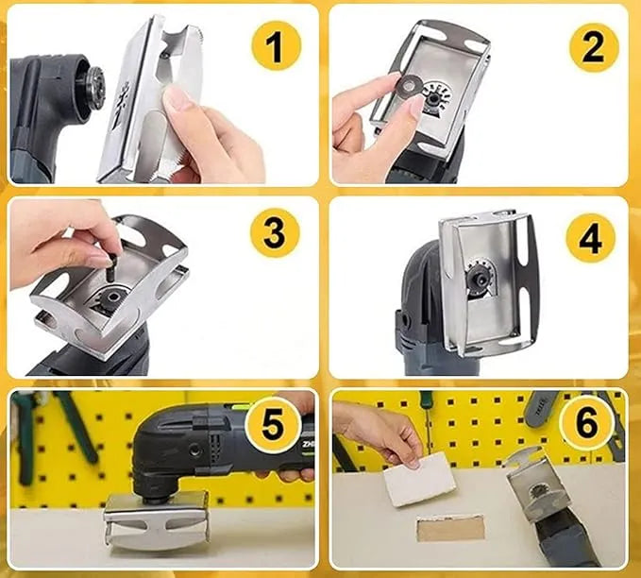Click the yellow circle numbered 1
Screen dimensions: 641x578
coord(276,46)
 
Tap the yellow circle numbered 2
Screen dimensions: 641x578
coord(593,47)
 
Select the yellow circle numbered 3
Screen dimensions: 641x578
coord(275,232)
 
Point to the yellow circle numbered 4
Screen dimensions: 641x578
coord(590,238)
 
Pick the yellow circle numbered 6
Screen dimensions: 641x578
coord(587,424)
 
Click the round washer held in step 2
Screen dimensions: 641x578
coord(407,86)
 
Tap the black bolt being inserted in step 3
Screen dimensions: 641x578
coord(110,266)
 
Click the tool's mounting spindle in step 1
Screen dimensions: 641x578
coord(93,86)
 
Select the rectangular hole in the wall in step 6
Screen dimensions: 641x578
coord(450,528)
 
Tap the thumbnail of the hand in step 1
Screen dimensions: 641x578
coord(177,99)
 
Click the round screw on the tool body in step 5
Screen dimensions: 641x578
coord(195,449)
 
